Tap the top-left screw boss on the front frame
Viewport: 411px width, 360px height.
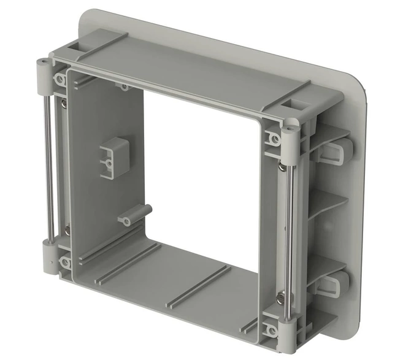click(61, 80)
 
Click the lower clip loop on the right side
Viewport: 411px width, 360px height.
click(336, 284)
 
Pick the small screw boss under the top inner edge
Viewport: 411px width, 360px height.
click(125, 87)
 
